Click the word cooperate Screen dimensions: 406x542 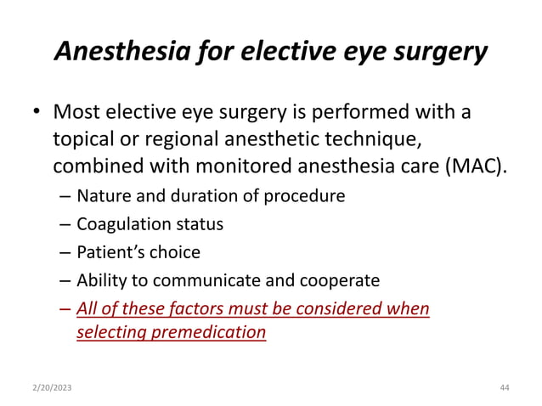click(336, 279)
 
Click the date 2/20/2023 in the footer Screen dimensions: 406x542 click(53, 387)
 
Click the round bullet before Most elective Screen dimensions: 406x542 click(37, 114)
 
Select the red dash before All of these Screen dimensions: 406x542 click(66, 307)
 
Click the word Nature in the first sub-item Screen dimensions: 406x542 click(100, 196)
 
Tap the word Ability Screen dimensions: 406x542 click(100, 279)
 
